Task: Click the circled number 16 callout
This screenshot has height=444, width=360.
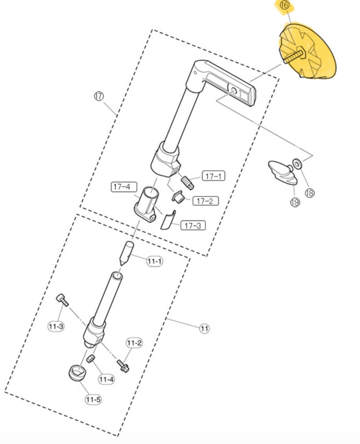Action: click(284, 5)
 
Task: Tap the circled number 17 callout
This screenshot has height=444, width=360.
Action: click(99, 96)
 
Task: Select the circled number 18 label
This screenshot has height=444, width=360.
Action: click(310, 193)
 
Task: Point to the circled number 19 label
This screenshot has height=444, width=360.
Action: click(295, 202)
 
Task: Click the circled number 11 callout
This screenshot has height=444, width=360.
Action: click(204, 329)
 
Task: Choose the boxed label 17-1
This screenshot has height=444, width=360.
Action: click(214, 176)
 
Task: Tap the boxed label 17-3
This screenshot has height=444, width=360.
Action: click(193, 225)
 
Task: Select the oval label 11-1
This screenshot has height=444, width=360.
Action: click(154, 261)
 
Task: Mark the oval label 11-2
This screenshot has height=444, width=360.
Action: click(134, 343)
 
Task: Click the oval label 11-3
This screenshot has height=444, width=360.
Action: click(56, 326)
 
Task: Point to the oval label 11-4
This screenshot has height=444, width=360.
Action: click(106, 379)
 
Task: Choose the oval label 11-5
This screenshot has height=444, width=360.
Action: click(93, 399)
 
